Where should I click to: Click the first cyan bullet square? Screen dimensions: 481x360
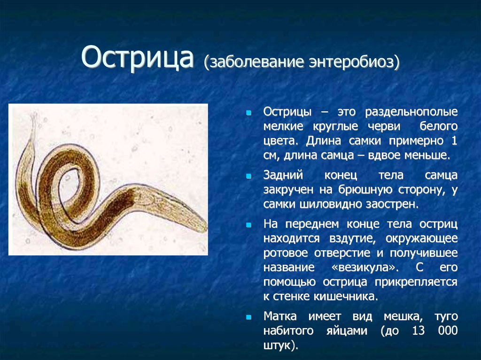coord(249,113)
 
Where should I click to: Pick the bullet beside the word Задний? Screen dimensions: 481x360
coord(249,176)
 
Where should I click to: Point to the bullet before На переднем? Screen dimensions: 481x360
coord(249,225)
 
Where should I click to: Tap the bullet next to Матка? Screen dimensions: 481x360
coord(249,317)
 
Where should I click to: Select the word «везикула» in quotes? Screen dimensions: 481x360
coord(365,268)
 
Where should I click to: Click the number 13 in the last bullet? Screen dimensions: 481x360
coord(418,330)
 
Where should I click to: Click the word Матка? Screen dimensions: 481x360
coord(280,316)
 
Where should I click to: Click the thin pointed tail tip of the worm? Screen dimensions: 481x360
coord(34,115)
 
